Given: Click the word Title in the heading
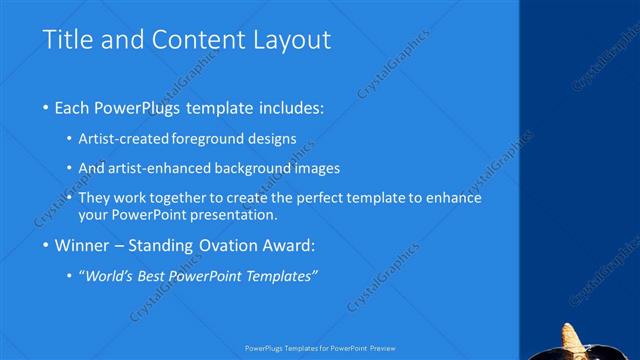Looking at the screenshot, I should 67,40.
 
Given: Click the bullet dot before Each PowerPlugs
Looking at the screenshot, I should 47,106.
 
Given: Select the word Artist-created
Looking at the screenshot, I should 122,139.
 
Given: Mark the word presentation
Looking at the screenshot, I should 236,214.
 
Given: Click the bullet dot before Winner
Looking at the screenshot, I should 47,244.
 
